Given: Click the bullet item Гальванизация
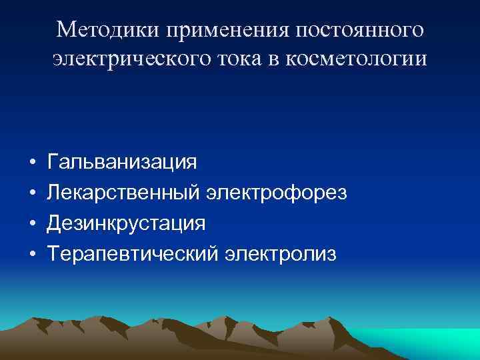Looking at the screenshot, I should coord(121,163).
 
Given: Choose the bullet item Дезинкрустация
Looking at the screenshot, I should coord(125,223).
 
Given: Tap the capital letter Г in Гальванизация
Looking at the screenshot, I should coord(52,163).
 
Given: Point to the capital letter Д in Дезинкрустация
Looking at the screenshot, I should coord(53,223).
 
